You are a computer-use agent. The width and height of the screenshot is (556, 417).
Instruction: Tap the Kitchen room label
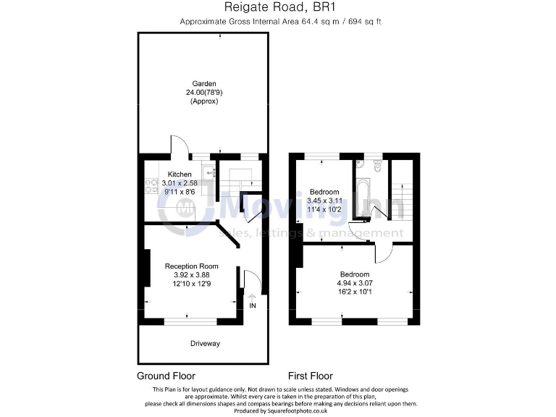click(x=180, y=174)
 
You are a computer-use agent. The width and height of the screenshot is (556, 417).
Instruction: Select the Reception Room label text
click(x=191, y=266)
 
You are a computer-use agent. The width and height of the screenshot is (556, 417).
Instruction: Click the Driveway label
click(x=205, y=343)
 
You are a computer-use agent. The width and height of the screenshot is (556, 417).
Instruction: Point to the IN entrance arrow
click(x=253, y=296)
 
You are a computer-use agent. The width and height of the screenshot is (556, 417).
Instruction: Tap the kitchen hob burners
click(x=149, y=186)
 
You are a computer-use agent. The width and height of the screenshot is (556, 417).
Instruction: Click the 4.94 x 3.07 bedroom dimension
click(x=354, y=284)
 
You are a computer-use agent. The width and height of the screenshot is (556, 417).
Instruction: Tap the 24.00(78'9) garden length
click(x=203, y=92)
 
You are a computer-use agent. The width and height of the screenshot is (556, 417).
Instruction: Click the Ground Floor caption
click(x=166, y=376)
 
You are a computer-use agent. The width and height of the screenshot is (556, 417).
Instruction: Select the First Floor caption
click(x=311, y=376)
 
